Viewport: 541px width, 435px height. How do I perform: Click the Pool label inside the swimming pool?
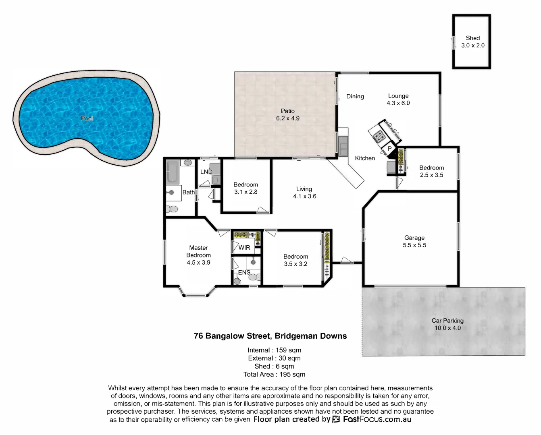(87, 118)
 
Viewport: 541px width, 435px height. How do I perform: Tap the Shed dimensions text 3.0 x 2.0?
(473, 46)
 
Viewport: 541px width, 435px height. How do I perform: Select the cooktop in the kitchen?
(379, 137)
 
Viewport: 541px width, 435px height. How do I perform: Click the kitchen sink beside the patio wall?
(343, 146)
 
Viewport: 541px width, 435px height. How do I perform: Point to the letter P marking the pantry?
(389, 149)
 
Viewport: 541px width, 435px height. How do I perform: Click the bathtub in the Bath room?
(173, 172)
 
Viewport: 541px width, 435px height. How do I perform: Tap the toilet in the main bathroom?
(172, 209)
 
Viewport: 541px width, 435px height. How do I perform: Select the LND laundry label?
(206, 172)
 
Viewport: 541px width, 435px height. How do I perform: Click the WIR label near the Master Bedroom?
(244, 248)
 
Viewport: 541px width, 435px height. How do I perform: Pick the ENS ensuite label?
(244, 273)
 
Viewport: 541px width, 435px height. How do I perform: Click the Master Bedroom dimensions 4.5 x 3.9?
(198, 263)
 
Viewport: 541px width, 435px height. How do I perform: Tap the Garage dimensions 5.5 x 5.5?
(414, 245)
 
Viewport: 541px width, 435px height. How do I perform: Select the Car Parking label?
(447, 321)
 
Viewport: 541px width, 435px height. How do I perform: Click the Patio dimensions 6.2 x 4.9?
(288, 118)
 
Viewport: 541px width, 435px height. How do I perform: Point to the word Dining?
(355, 96)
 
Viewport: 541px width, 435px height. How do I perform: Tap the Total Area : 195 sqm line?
(274, 375)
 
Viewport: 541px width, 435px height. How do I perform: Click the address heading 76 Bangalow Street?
(270, 336)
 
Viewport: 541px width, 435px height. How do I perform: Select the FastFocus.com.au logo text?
(377, 419)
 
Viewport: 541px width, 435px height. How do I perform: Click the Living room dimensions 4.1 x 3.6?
(304, 197)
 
